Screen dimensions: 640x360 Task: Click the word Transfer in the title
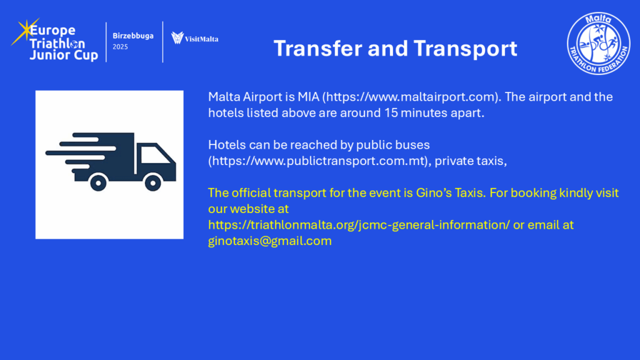[317, 48]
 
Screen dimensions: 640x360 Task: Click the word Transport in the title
[465, 49]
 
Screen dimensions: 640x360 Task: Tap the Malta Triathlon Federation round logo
[598, 43]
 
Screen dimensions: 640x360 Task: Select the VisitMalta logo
[195, 38]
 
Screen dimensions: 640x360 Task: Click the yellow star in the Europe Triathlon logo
[25, 31]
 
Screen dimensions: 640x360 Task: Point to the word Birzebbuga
[133, 36]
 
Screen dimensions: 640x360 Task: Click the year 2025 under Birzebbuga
[120, 47]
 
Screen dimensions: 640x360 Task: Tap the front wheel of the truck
[153, 182]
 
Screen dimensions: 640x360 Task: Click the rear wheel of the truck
[98, 182]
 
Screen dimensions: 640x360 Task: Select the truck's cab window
[154, 155]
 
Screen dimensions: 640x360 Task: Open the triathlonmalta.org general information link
[359, 225]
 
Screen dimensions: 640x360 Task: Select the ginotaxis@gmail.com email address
[270, 241]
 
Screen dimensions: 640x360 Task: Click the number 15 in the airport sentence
[391, 113]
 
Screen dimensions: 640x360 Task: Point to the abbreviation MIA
[308, 97]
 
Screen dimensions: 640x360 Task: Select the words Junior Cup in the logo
[64, 55]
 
